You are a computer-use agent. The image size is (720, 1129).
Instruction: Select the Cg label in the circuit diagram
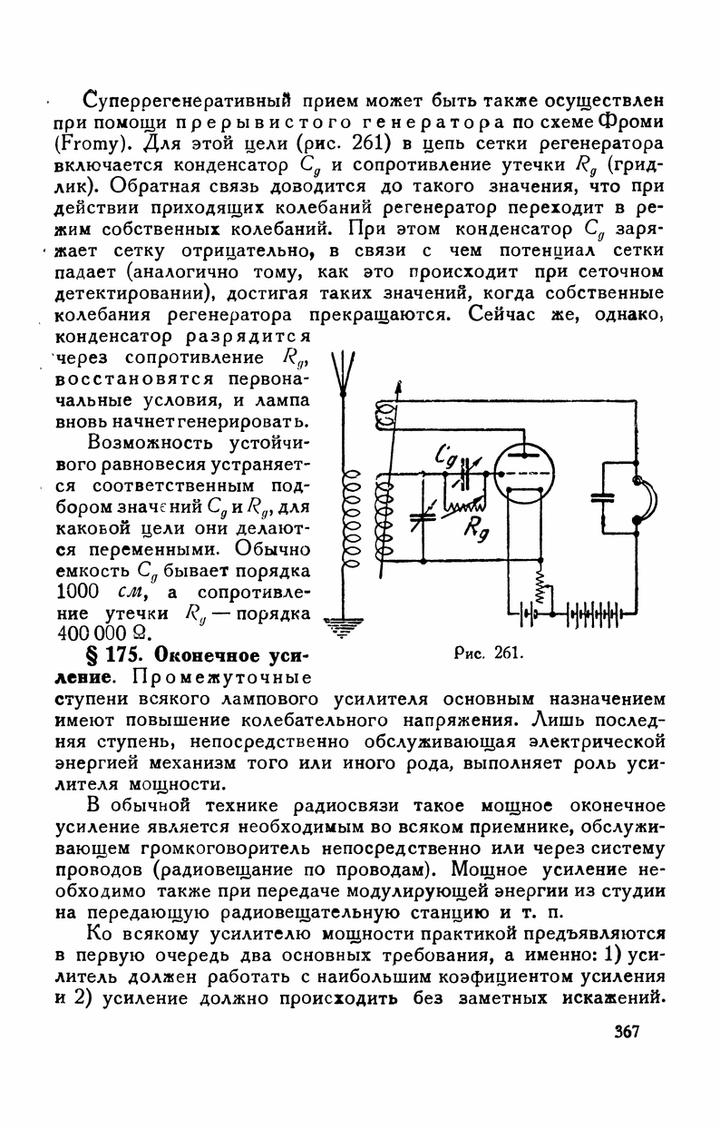446,456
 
